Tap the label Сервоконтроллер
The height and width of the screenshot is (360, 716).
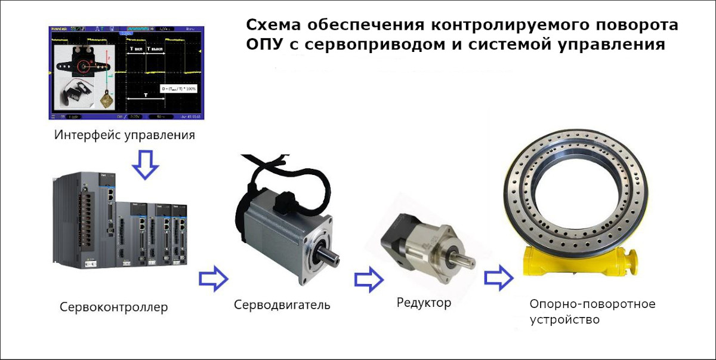pyautogui.click(x=113, y=307)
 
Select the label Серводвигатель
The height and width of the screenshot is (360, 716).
pyautogui.click(x=282, y=305)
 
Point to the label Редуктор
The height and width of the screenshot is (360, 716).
pyautogui.click(x=424, y=303)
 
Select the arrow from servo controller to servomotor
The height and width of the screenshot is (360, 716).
pyautogui.click(x=213, y=277)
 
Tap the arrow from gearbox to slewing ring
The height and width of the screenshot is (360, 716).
pyautogui.click(x=498, y=277)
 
